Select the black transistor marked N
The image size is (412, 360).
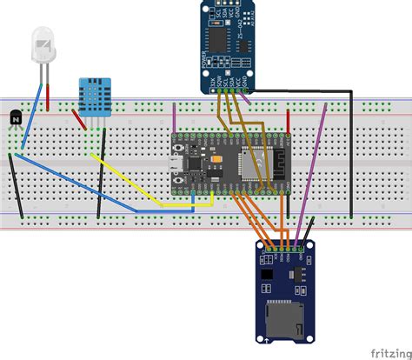[15, 117]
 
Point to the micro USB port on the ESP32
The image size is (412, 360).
[174, 167]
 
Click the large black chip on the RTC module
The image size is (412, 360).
[213, 39]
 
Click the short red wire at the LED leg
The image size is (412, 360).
[49, 97]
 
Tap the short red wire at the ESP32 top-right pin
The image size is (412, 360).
[286, 122]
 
